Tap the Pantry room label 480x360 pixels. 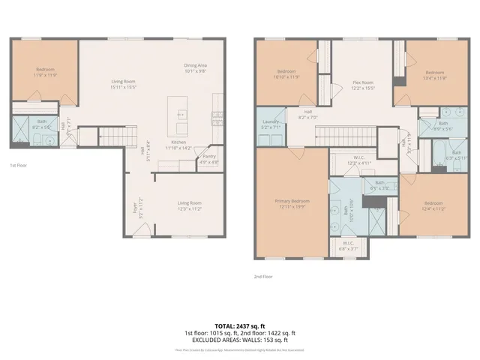[209, 159]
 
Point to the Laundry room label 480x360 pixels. [271, 124]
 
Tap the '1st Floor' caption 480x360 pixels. [19, 165]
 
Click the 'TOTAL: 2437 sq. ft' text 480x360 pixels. [240, 325]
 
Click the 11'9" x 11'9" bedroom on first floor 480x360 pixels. [45, 72]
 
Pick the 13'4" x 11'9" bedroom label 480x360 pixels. [435, 75]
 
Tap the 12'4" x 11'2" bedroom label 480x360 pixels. [433, 206]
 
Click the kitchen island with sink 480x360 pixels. [181, 113]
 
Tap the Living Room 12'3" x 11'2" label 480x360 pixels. [189, 206]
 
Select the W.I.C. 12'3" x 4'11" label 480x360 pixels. [350, 160]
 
